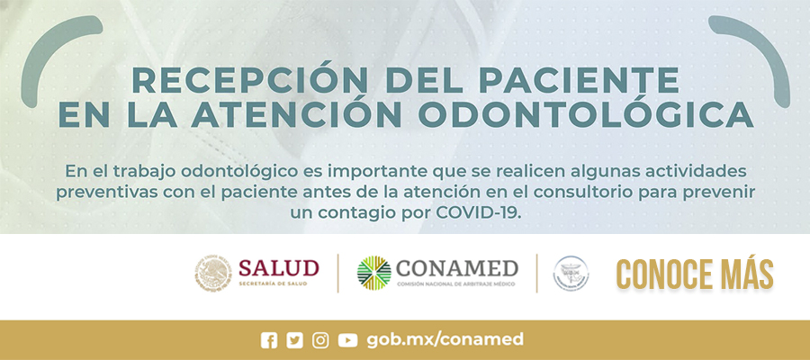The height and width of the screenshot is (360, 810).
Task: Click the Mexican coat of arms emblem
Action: click(213, 273)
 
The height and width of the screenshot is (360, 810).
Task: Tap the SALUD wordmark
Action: click(278, 268)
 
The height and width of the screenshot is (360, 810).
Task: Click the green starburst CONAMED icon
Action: click(374, 274)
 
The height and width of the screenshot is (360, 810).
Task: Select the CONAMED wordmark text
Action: click(457, 268)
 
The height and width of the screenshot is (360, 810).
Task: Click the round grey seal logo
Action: click(571, 274)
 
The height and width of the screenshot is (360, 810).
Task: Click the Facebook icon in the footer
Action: click(269, 340)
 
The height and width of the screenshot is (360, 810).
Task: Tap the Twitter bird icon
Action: click(295, 340)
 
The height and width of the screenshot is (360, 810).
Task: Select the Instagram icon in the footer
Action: click(320, 340)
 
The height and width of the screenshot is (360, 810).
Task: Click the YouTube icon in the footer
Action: click(347, 340)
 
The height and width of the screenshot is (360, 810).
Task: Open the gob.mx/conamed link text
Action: click(445, 339)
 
